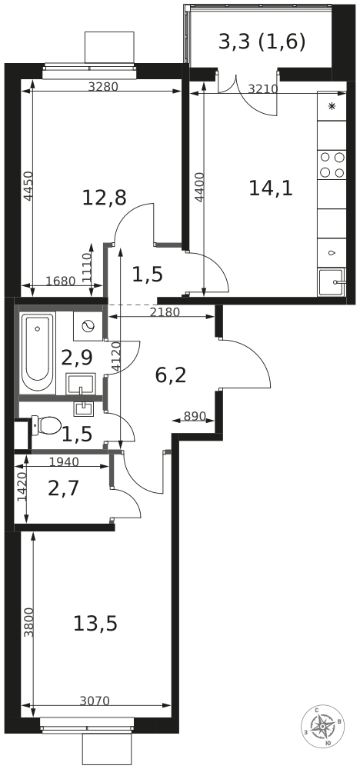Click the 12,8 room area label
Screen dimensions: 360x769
tap(104, 198)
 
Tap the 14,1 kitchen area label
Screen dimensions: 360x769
tap(271, 188)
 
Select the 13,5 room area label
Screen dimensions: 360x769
tap(95, 624)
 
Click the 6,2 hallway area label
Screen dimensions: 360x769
tap(171, 376)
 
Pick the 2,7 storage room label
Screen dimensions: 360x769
tap(64, 489)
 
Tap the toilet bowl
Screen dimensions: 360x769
tap(45, 425)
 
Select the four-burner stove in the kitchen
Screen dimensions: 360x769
tap(332, 165)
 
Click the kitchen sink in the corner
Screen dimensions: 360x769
tap(332, 282)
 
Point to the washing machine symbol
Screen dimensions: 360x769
tap(88, 326)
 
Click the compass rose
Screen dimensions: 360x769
tap(323, 727)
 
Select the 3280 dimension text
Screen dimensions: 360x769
tap(103, 87)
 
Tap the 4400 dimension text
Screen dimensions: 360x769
tap(198, 187)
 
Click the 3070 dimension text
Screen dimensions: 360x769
tap(94, 701)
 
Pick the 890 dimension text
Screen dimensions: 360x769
tap(194, 416)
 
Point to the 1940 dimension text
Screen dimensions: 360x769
tap(64, 461)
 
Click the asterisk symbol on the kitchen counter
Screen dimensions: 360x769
tap(332, 106)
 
